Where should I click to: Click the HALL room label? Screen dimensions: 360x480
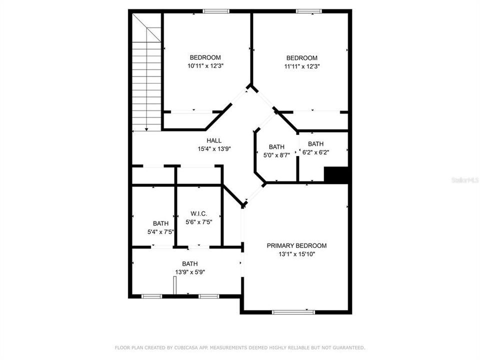point(214,140)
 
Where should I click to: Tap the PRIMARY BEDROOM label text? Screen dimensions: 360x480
point(296,245)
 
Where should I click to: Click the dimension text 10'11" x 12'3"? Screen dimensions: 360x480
point(205,66)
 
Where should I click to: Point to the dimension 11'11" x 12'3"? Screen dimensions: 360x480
point(302,66)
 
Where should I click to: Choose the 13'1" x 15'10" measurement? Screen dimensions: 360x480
point(296,254)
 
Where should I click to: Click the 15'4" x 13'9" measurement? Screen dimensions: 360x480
point(214,148)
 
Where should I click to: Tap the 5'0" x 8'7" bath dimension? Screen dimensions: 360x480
point(276,155)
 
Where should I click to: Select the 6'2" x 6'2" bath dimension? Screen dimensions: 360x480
point(315,152)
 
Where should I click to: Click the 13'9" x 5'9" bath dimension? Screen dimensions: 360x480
point(189,272)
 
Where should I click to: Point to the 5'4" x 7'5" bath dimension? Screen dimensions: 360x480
point(160,232)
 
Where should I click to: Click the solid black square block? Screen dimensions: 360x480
point(336,175)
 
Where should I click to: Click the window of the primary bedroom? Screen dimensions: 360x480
point(293,312)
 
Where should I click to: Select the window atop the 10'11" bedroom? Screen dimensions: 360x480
point(216,11)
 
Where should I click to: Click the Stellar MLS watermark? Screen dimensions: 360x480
point(464,178)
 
